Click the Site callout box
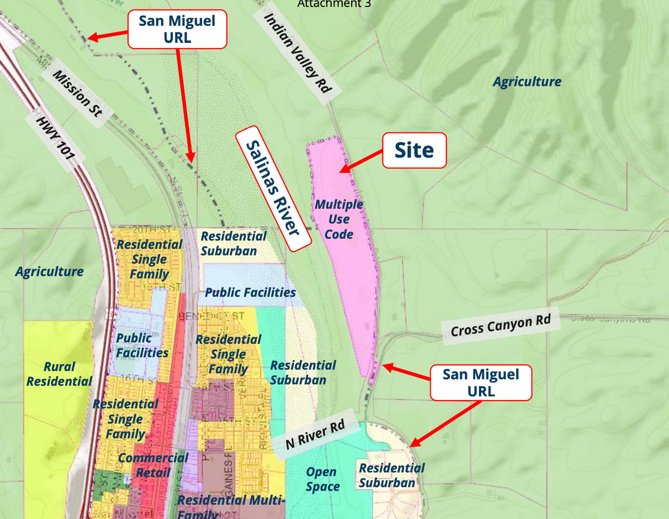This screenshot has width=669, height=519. [x=414, y=151]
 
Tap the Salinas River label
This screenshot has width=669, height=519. [x=273, y=188]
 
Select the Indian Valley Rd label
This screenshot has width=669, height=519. [x=297, y=52]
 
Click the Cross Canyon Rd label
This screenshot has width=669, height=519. [x=500, y=325]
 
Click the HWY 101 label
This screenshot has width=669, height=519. [x=56, y=137]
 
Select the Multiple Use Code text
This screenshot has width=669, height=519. [x=339, y=219]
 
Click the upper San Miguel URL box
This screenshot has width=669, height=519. [x=177, y=29]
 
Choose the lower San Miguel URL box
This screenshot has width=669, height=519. [x=481, y=382]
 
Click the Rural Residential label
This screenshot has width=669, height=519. [x=59, y=374]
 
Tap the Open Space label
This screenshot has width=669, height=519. [x=322, y=479]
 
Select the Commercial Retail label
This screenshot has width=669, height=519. [x=153, y=465]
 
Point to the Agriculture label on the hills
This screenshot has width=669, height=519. [x=526, y=82]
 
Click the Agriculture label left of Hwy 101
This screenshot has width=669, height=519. [x=49, y=272]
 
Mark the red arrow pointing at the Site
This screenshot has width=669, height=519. [x=360, y=161]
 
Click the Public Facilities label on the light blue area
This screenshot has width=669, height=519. [x=250, y=292]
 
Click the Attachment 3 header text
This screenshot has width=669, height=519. [x=334, y=4]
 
